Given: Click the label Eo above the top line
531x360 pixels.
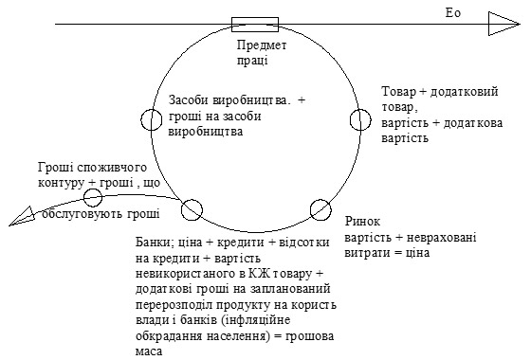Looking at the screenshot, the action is (x=453, y=13).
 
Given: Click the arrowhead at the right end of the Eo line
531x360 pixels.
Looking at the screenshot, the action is (x=504, y=24).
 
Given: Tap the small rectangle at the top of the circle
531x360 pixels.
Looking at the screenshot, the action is (x=255, y=25).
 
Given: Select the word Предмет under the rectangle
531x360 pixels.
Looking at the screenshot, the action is (x=262, y=45).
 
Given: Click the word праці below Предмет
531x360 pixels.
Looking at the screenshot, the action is (x=252, y=61).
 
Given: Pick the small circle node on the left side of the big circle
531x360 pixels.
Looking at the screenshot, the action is (x=152, y=119).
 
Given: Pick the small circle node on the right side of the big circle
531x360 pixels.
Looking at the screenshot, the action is (x=360, y=119).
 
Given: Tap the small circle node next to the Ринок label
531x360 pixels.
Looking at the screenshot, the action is (x=320, y=209).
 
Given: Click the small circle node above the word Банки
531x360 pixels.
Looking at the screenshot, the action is (x=192, y=209).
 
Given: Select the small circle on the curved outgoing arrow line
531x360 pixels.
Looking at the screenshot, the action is (x=93, y=197).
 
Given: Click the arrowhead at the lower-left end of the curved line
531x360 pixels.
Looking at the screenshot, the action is (x=22, y=217).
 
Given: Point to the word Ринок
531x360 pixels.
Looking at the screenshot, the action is (x=362, y=222).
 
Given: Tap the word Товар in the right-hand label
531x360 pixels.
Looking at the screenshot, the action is (x=398, y=92).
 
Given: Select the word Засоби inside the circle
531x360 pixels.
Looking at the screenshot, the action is (x=189, y=100).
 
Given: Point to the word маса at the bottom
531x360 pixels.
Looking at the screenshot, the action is (x=149, y=351).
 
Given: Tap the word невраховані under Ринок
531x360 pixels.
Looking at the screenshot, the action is (x=441, y=238).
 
